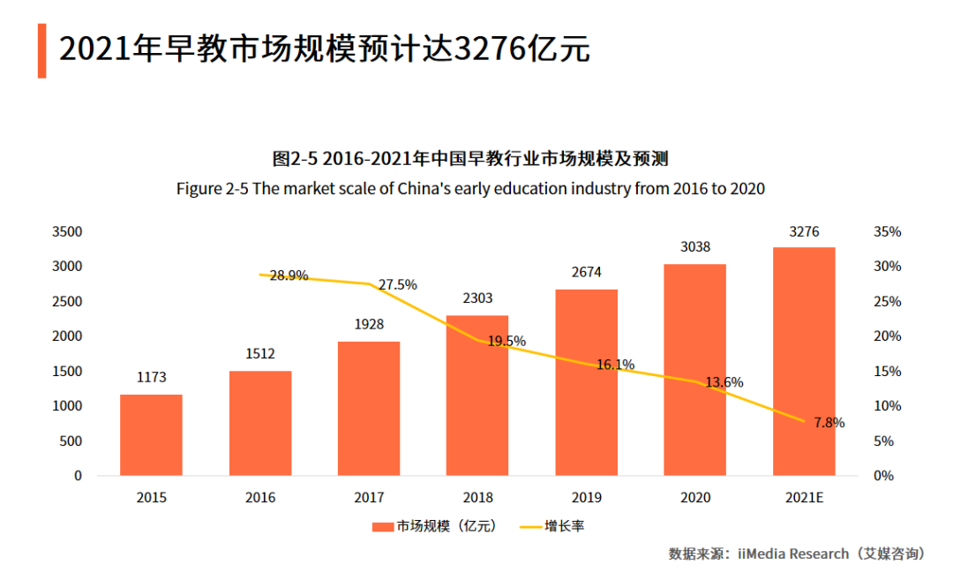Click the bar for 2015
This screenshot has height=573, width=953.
click(151, 434)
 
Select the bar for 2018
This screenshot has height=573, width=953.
click(477, 395)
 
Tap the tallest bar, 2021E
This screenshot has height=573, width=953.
click(804, 361)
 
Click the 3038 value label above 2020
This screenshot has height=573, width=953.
click(695, 247)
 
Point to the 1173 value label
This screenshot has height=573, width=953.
click(151, 377)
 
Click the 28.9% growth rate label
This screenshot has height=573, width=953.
click(289, 275)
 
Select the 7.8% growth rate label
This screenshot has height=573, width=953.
click(829, 423)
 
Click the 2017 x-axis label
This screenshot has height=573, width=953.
click(369, 498)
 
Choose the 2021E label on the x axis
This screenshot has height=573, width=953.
click(804, 498)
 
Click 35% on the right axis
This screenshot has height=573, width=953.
click(887, 232)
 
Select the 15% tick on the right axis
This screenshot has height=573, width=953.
click(887, 372)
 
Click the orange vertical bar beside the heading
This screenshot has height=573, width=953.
click(41, 50)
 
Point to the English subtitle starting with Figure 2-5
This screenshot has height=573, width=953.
click(470, 189)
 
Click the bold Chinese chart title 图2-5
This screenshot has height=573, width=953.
click(470, 159)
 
